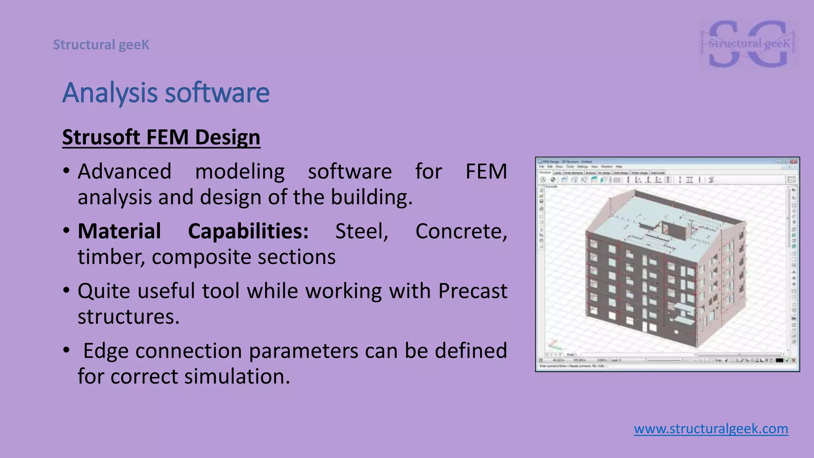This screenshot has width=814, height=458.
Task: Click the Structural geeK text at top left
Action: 101,45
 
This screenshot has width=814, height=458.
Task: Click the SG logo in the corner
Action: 748,44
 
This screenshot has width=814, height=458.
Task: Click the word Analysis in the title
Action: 110,93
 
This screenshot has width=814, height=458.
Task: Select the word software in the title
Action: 217,93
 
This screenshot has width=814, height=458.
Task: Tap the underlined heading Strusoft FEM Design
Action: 161,138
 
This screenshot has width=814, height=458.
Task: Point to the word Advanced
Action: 124,172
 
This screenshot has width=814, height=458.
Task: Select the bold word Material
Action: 119,231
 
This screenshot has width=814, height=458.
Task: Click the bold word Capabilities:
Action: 248,231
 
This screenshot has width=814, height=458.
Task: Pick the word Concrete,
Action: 461,231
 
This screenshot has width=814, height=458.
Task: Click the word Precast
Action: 473,291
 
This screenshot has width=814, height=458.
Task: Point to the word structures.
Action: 128,317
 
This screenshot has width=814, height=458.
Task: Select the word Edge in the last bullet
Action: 105,351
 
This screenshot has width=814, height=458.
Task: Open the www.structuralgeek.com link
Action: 711,429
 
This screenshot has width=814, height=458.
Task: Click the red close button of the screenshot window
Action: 794,162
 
